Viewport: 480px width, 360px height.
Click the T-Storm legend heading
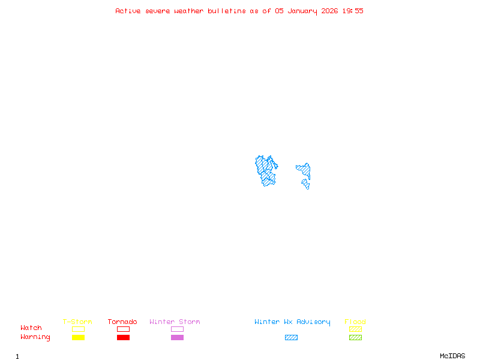tap(77, 322)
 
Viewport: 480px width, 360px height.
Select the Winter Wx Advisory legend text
tap(292, 322)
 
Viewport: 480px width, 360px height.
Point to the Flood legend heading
tap(355, 322)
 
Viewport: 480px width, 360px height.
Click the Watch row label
tap(31, 328)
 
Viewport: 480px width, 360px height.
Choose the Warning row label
tap(35, 337)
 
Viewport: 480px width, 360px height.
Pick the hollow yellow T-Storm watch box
tap(78, 329)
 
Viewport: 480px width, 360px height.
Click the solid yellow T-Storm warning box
tap(78, 338)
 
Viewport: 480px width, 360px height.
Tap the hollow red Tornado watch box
tap(123, 329)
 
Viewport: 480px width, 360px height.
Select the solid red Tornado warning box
tap(123, 338)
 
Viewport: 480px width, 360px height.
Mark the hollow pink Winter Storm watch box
tap(177, 329)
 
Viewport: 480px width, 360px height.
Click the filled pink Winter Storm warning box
tap(177, 338)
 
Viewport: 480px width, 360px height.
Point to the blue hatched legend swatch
tap(291, 338)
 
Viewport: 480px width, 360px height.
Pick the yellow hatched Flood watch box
tap(355, 329)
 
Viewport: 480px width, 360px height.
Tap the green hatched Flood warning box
tap(355, 338)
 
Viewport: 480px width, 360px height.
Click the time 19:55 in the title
tap(352, 11)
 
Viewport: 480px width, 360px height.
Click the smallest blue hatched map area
tap(306, 184)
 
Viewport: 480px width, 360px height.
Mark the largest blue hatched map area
tap(266, 170)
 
